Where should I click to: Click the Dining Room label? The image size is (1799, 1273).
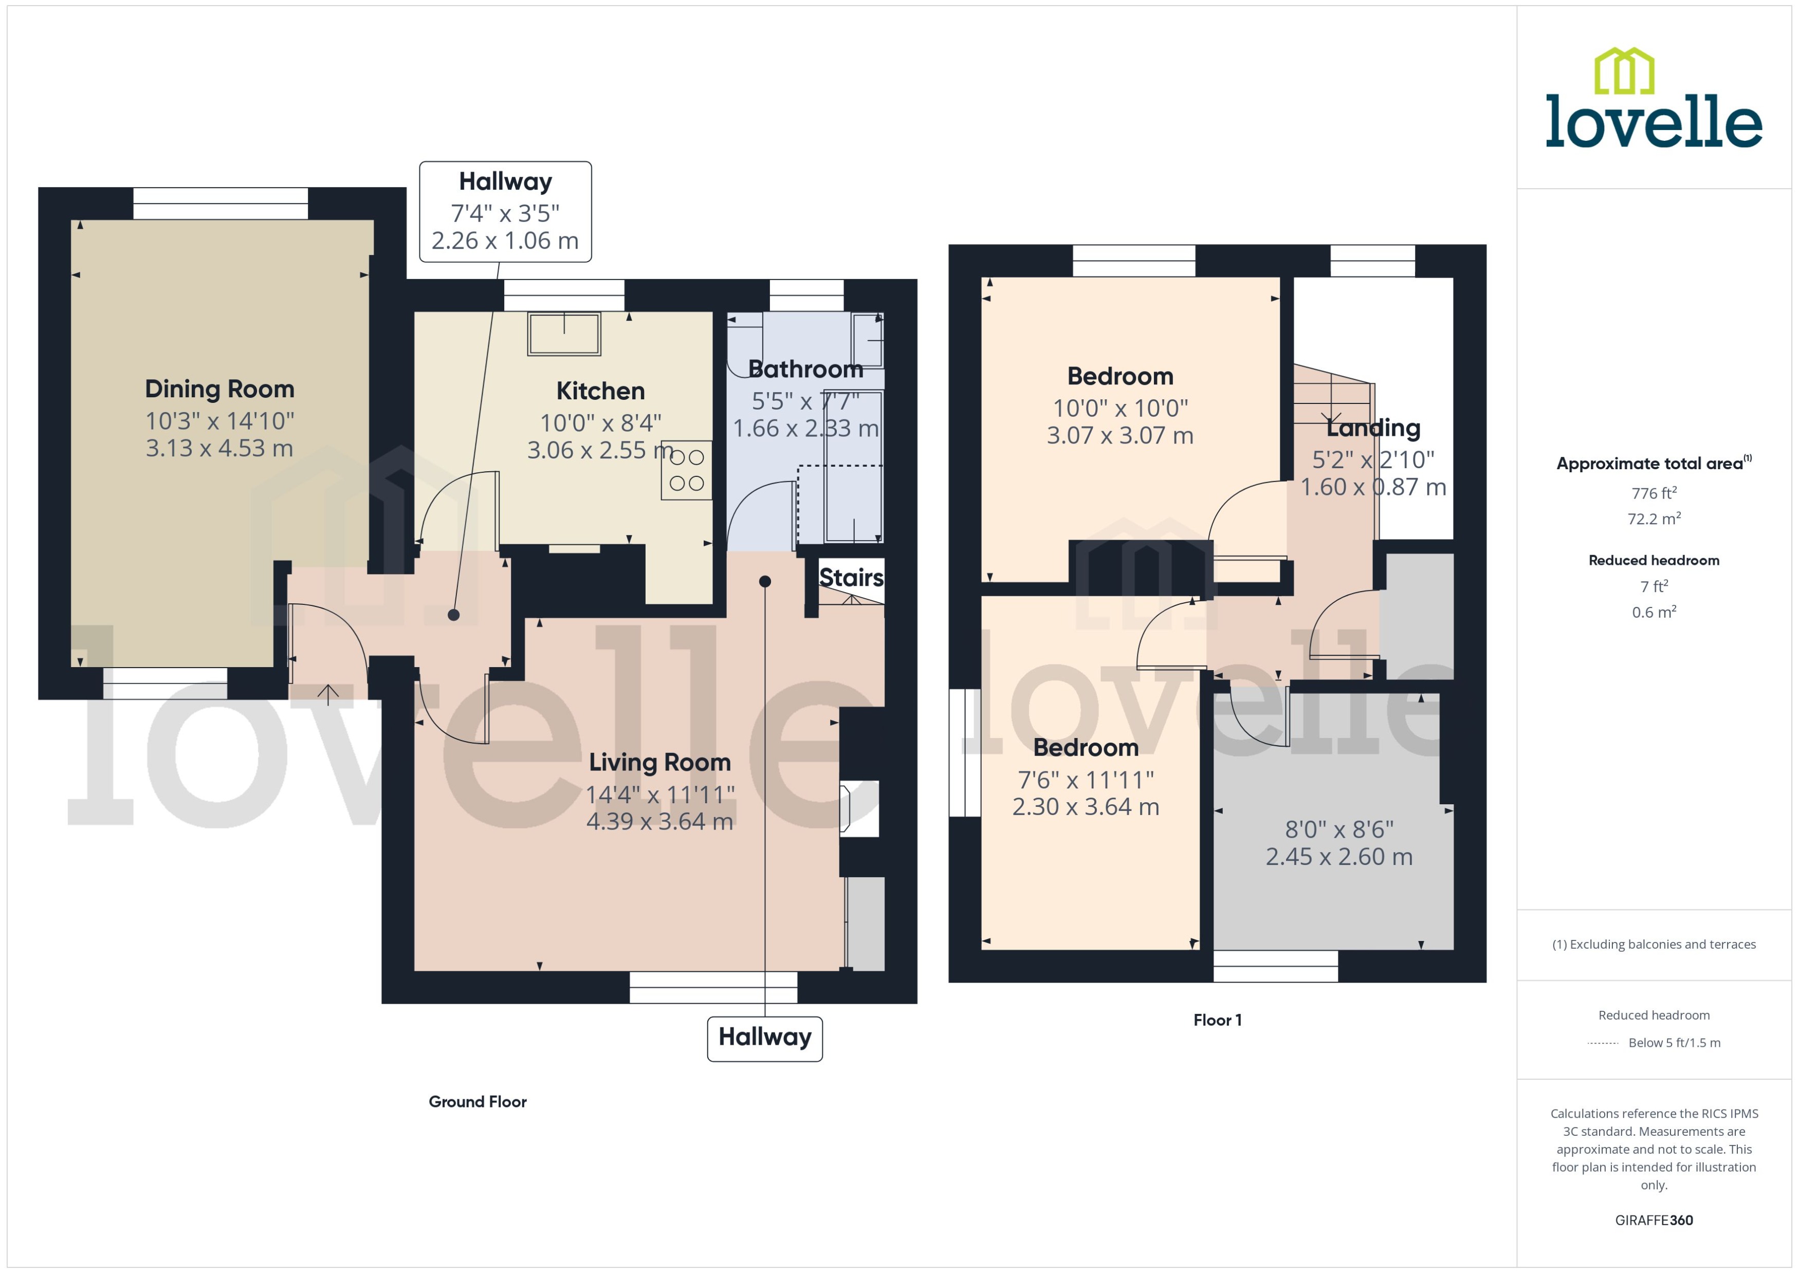(219, 389)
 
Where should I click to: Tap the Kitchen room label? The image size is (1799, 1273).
(600, 391)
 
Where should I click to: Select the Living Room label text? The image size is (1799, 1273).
(659, 762)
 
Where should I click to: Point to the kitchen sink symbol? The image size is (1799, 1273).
(564, 334)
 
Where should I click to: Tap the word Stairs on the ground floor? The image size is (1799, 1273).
(851, 578)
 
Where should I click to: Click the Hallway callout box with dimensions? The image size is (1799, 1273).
(506, 212)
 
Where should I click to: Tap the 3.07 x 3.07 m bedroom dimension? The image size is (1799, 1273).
(1119, 436)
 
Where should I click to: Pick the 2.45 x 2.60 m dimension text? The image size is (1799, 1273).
(1339, 857)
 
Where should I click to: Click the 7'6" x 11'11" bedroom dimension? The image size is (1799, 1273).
(1086, 780)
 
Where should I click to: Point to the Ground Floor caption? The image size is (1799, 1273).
(478, 1101)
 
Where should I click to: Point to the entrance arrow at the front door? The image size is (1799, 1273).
(327, 692)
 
